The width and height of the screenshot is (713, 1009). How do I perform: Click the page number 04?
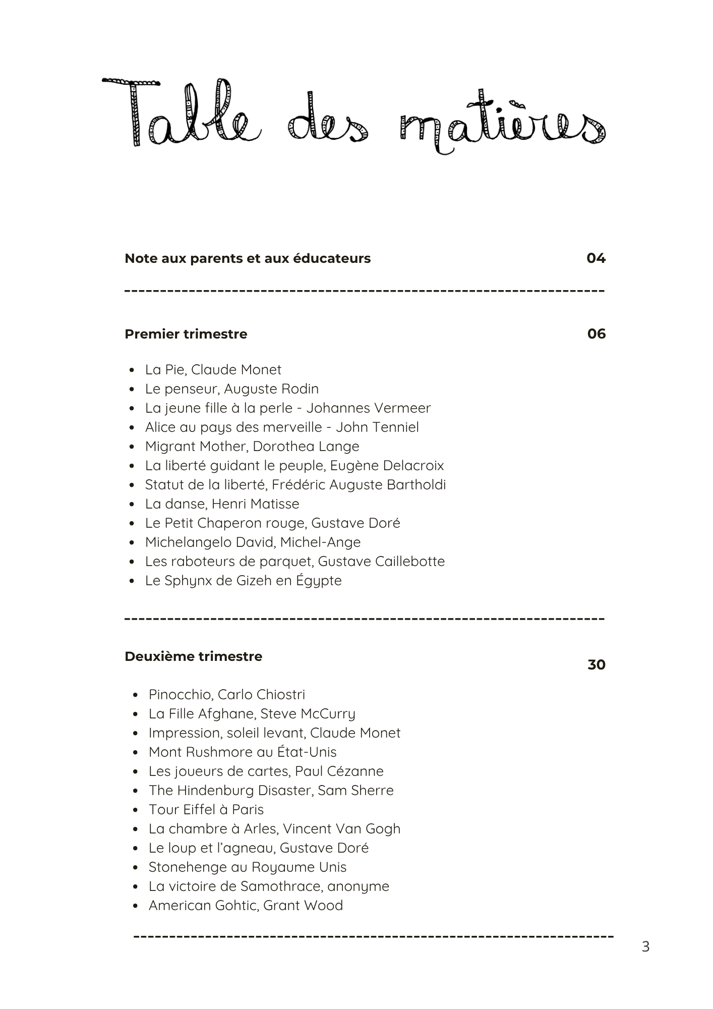(x=596, y=258)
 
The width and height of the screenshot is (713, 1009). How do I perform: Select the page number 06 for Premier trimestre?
(x=596, y=334)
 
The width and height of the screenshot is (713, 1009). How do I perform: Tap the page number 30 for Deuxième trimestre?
(x=596, y=665)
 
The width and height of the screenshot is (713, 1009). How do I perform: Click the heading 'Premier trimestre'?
(x=186, y=334)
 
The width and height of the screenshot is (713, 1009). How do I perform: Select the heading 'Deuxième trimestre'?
(x=193, y=656)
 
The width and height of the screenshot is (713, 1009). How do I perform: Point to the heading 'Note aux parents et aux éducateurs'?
(x=247, y=258)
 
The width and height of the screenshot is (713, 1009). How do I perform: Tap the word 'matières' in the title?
(x=502, y=124)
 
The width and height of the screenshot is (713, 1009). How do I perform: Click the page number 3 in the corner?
(x=645, y=947)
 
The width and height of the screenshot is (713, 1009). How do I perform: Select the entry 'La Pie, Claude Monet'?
(x=213, y=370)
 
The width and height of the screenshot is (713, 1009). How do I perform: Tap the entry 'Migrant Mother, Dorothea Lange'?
(x=252, y=446)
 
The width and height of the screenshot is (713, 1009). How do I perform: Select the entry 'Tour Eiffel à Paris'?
(x=206, y=810)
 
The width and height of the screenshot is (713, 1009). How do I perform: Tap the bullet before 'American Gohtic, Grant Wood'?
(x=135, y=906)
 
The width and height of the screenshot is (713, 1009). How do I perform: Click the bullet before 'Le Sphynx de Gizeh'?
(x=132, y=581)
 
